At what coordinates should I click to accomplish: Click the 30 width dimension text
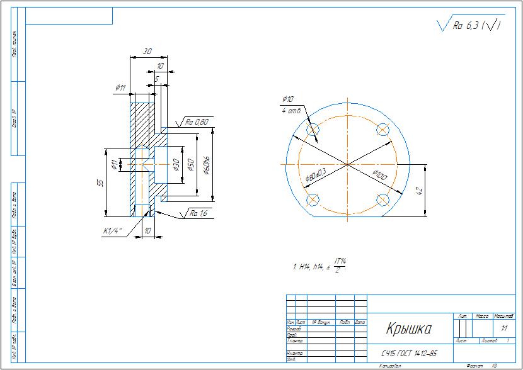pyautogui.click(x=147, y=52)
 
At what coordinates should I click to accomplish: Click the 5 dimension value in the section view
pyautogui.click(x=156, y=79)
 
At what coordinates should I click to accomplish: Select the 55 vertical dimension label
pyautogui.click(x=100, y=182)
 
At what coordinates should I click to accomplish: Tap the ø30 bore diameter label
pyautogui.click(x=176, y=165)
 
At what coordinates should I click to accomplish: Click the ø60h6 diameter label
pyautogui.click(x=206, y=165)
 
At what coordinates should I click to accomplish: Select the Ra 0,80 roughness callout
pyautogui.click(x=197, y=121)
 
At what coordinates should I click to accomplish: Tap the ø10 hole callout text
pyautogui.click(x=288, y=99)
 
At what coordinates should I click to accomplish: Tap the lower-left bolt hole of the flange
pyautogui.click(x=313, y=200)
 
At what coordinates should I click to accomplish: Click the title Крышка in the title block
pyautogui.click(x=408, y=329)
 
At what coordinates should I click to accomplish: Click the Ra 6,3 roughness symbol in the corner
pyautogui.click(x=470, y=25)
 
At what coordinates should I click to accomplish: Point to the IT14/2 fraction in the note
pyautogui.click(x=341, y=265)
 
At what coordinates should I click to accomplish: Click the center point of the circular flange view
pyautogui.click(x=347, y=164)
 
